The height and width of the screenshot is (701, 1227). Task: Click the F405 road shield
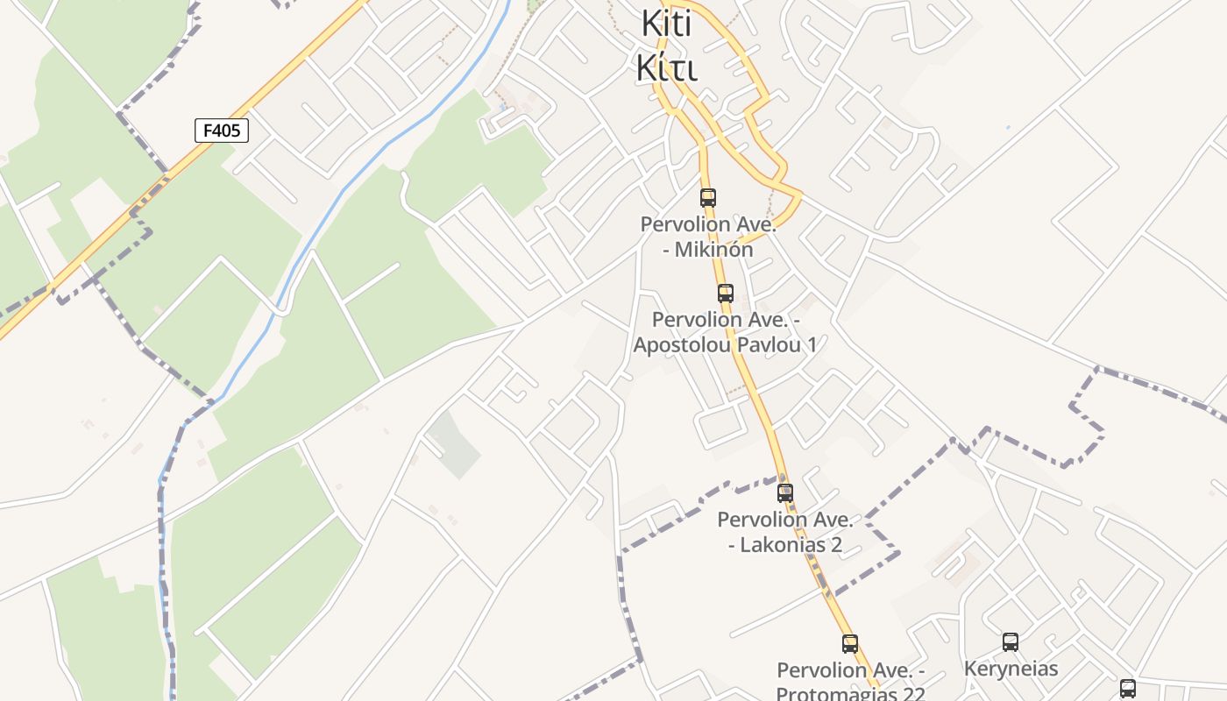pyautogui.click(x=221, y=131)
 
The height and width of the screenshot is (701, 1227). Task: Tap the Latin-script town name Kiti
pyautogui.click(x=666, y=24)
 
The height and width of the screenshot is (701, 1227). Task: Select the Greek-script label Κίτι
pyautogui.click(x=666, y=67)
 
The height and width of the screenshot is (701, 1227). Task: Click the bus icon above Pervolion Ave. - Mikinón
pyautogui.click(x=708, y=198)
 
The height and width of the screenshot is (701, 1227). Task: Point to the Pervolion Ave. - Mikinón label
pyautogui.click(x=708, y=237)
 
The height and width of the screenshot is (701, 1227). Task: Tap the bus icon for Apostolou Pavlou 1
pyautogui.click(x=726, y=294)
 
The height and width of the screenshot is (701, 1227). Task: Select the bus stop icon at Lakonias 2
pyautogui.click(x=785, y=493)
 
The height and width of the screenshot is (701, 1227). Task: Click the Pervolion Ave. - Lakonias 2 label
pyautogui.click(x=785, y=532)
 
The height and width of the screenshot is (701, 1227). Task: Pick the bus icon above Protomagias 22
pyautogui.click(x=850, y=644)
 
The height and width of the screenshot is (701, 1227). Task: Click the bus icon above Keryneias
pyautogui.click(x=1011, y=642)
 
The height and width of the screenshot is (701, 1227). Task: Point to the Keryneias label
pyautogui.click(x=1011, y=669)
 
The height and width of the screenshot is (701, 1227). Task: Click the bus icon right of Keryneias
pyautogui.click(x=1128, y=688)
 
